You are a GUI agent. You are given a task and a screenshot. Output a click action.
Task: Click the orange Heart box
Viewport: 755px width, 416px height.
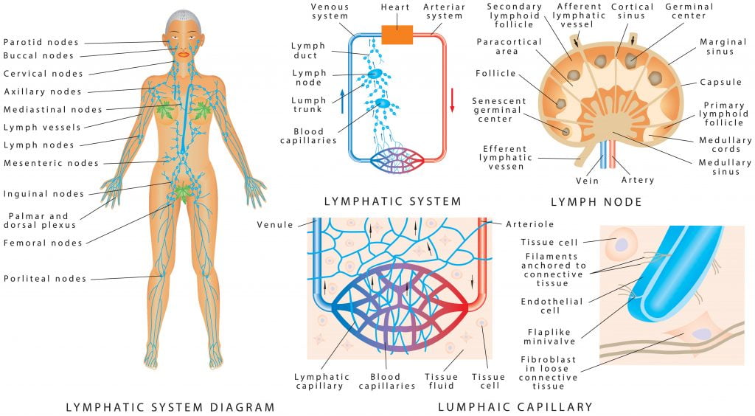(397, 34)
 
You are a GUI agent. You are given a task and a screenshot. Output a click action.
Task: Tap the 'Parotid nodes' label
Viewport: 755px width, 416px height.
(41, 42)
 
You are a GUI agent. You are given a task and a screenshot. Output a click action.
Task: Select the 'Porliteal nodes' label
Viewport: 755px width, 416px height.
(44, 279)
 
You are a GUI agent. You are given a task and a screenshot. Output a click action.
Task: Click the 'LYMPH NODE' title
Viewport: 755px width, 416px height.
(596, 201)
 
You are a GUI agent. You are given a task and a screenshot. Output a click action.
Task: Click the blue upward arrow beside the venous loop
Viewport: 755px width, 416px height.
(342, 99)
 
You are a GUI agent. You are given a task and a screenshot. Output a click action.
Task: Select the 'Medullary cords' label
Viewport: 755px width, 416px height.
(726, 145)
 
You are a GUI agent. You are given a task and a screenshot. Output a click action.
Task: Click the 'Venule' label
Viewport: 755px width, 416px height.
(275, 224)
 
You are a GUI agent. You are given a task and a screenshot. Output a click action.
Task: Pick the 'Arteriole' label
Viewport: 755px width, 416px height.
(530, 224)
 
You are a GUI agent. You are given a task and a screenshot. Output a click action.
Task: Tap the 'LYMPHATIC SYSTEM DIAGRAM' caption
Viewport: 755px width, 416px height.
(170, 406)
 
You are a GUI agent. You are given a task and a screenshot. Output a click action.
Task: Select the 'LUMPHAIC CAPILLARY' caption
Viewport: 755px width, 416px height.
(515, 406)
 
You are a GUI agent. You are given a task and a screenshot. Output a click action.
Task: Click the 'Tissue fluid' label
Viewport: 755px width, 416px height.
(441, 381)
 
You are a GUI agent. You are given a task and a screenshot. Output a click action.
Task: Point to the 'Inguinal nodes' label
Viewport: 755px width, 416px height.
(44, 194)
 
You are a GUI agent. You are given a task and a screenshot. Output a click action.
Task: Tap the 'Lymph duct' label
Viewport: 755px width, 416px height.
(305, 50)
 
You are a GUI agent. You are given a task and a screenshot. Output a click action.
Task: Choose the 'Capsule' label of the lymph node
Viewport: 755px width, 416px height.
(720, 82)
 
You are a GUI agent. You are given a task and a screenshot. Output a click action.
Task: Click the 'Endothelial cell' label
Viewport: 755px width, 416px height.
(552, 306)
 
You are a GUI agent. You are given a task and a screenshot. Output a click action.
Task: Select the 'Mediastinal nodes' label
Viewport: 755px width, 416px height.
(52, 109)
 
